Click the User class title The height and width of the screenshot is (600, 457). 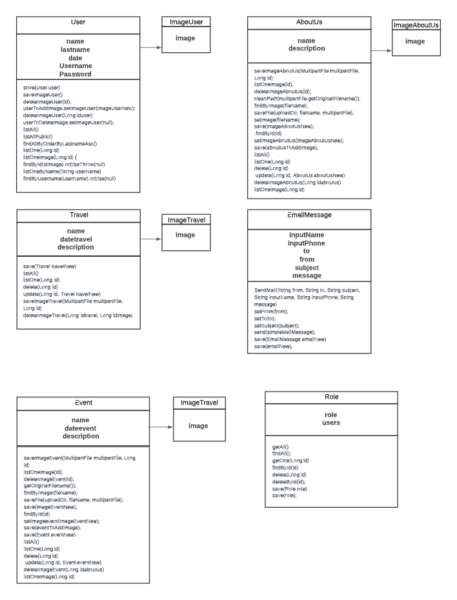click(x=77, y=23)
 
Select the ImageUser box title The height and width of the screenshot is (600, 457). click(x=186, y=23)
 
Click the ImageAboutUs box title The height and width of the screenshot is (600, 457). click(x=416, y=25)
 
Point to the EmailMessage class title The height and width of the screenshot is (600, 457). click(x=309, y=215)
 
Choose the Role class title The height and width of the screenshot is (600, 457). click(x=331, y=397)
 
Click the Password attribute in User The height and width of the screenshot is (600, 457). click(x=76, y=74)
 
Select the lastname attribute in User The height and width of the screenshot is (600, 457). click(x=76, y=50)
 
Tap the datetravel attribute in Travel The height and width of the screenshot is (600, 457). click(x=76, y=239)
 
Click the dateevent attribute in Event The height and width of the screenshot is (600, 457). click(x=81, y=428)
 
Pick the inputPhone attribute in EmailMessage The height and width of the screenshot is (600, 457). click(x=307, y=243)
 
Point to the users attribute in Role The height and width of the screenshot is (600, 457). click(x=331, y=423)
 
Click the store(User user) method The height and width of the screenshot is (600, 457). click(x=41, y=86)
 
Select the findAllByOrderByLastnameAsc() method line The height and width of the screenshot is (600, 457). click(x=59, y=143)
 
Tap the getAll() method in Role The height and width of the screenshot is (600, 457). click(x=281, y=446)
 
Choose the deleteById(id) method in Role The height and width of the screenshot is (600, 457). click(x=285, y=481)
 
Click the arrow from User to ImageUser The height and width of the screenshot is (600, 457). click(x=150, y=47)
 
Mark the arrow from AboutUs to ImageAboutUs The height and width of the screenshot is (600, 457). click(x=381, y=50)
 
